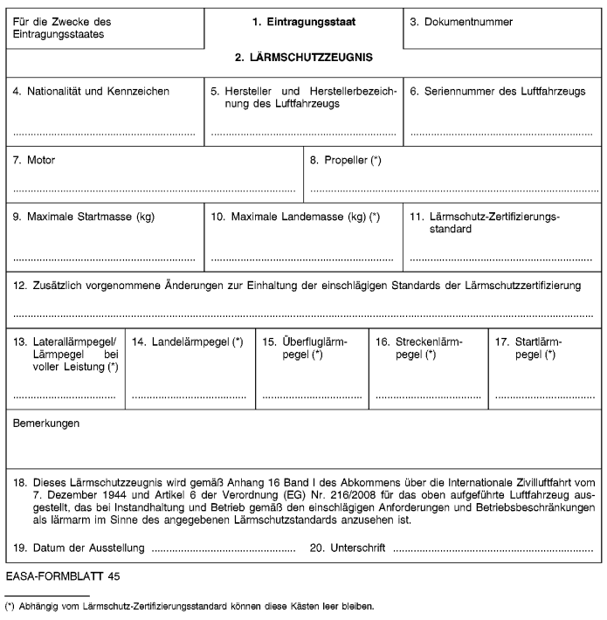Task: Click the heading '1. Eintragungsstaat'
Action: pos(303,20)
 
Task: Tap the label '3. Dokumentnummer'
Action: pos(461,20)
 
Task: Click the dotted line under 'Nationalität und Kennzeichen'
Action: pos(104,134)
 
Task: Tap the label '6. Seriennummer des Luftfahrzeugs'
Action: pos(498,91)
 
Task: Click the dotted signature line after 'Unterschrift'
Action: pos(493,550)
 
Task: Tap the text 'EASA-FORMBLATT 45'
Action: pos(63,577)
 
